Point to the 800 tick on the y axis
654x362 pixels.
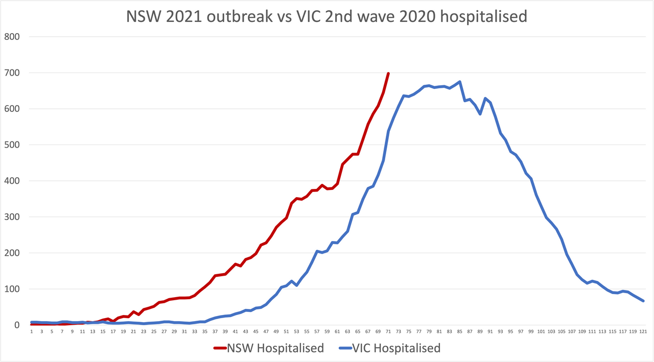pyautogui.click(x=12, y=37)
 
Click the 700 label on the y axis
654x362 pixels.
pyautogui.click(x=12, y=73)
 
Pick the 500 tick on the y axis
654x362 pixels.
pyautogui.click(x=12, y=145)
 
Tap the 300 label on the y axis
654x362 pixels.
pyautogui.click(x=12, y=217)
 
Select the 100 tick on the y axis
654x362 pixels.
pyautogui.click(x=12, y=289)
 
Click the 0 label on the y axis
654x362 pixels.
pyautogui.click(x=17, y=325)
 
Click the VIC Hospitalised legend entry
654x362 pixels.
pyautogui.click(x=399, y=348)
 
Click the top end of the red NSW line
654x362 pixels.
pyautogui.click(x=388, y=74)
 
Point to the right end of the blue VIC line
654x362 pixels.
pyautogui.click(x=643, y=301)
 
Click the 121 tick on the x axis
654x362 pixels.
pyautogui.click(x=643, y=331)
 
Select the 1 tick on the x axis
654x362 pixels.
pyautogui.click(x=32, y=331)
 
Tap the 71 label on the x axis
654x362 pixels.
pyautogui.click(x=388, y=331)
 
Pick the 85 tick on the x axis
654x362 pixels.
pyautogui.click(x=460, y=331)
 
